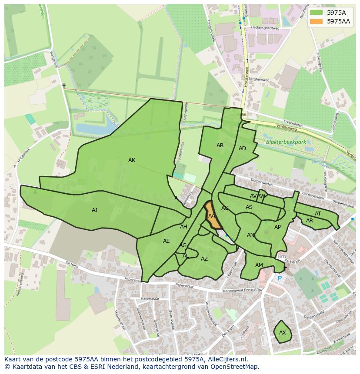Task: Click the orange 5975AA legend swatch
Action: [x=316, y=21]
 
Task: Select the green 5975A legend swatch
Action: [x=316, y=13]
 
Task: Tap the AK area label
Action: [x=132, y=160]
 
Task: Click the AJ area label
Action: [x=95, y=210]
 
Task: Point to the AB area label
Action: [x=220, y=146]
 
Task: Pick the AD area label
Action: [x=242, y=149]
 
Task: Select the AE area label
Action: [x=167, y=241]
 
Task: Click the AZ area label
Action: [x=204, y=259]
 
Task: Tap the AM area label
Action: [x=259, y=265]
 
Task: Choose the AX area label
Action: [x=283, y=333]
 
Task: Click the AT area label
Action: [x=318, y=214]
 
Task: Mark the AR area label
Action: [x=310, y=221]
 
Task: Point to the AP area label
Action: [x=277, y=227]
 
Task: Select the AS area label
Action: [x=249, y=207]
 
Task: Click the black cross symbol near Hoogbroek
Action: [x=64, y=86]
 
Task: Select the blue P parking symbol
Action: [x=280, y=278]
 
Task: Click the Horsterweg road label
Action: [x=246, y=76]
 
